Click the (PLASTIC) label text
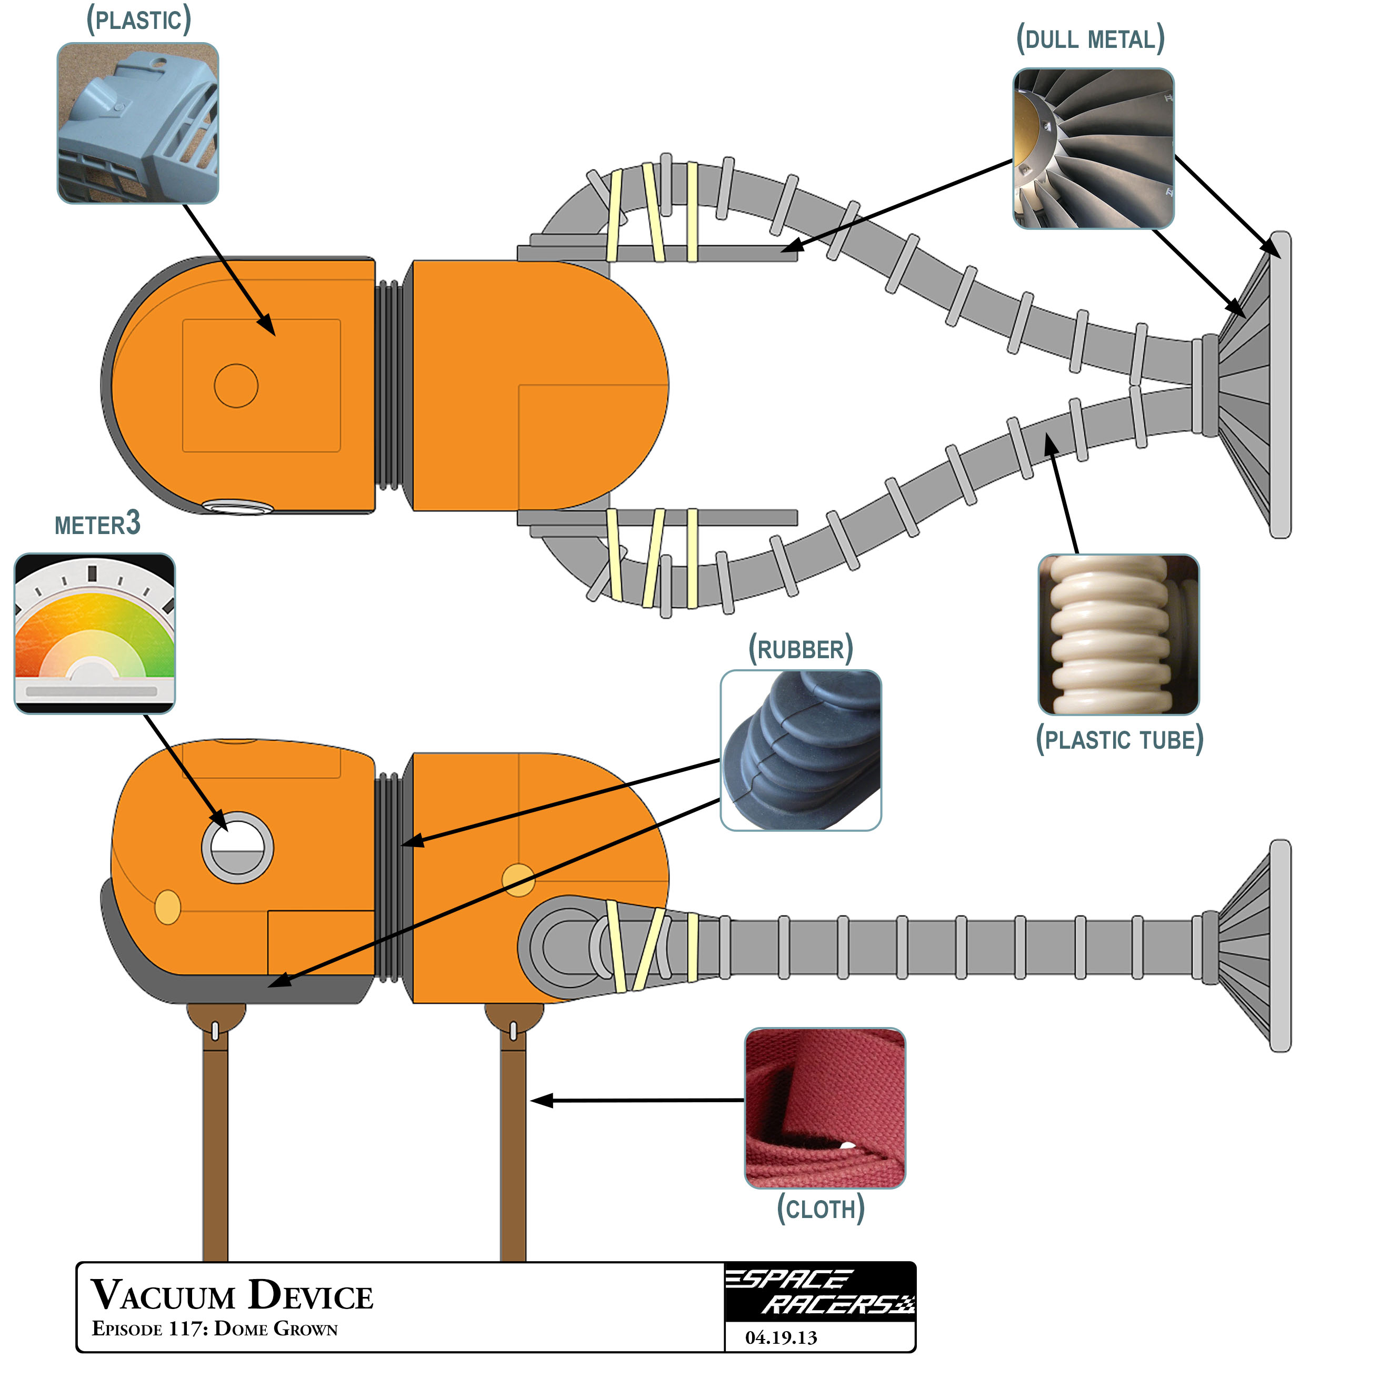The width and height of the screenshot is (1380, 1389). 139,20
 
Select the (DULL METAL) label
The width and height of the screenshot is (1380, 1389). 1089,39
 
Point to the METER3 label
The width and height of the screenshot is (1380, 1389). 97,524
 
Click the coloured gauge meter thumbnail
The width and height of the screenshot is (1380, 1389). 94,632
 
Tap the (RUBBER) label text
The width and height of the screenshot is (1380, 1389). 801,649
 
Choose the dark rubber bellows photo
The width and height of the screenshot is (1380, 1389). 801,750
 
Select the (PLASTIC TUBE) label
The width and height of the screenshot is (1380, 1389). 1119,740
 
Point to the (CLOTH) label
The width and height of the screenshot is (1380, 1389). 821,1209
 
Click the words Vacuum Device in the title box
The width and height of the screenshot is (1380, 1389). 232,1295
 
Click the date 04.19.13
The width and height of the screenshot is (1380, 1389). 781,1338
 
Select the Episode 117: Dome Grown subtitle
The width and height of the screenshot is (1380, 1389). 214,1328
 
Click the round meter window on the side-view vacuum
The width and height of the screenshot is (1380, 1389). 237,847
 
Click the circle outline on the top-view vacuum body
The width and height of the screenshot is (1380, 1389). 236,385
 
